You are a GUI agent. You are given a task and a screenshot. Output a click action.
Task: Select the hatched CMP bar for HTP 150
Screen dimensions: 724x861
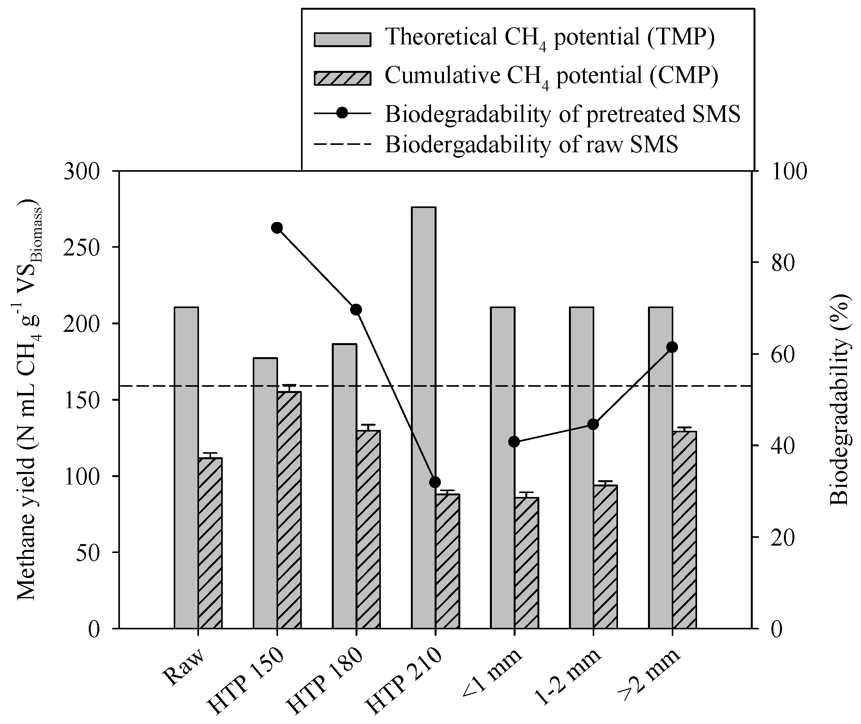[289, 509]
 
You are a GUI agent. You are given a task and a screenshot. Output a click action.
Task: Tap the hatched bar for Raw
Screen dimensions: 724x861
[210, 542]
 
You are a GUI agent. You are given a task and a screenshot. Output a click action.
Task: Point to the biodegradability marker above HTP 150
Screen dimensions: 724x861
[277, 228]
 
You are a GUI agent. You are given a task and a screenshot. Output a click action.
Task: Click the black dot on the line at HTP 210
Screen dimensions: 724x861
[435, 482]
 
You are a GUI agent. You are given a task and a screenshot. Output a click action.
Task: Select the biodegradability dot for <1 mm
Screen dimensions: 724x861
[514, 442]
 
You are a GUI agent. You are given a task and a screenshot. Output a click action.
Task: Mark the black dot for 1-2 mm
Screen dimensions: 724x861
[593, 425]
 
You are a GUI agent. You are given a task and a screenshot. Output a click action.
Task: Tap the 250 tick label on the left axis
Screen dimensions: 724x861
[82, 248]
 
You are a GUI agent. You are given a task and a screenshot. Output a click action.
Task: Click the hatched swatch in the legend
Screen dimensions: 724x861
[342, 78]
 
